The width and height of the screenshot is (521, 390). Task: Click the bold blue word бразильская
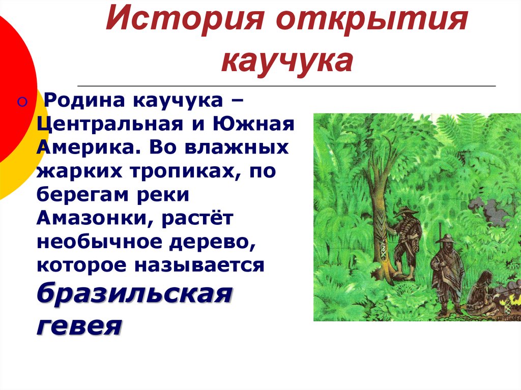(134, 293)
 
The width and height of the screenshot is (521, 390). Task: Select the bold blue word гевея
(79, 324)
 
